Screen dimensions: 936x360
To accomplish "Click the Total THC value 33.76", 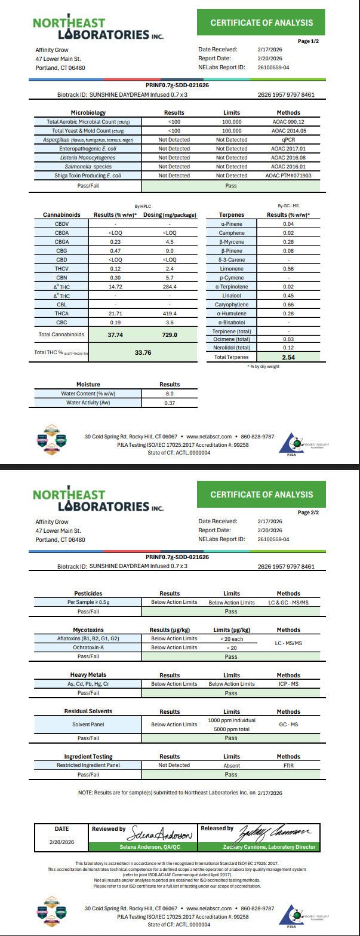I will (x=143, y=352).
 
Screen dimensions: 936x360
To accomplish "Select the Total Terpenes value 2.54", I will (x=288, y=357).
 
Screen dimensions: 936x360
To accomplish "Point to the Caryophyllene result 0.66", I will (x=288, y=305).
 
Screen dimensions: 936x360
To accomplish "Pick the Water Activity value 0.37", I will (x=170, y=403).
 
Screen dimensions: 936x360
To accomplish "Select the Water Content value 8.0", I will (x=170, y=394).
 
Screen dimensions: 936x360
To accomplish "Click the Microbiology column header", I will (x=88, y=112).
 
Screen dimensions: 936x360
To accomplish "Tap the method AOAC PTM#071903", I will (x=288, y=176).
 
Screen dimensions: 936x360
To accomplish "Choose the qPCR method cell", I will (x=288, y=139).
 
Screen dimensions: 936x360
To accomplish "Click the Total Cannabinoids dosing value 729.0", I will (x=170, y=335).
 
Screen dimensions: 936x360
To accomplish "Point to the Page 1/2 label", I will (x=308, y=41).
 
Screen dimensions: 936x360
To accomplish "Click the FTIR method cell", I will (x=288, y=765).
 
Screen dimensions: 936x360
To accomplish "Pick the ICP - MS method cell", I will (x=288, y=684).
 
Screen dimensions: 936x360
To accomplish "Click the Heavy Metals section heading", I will (x=89, y=675).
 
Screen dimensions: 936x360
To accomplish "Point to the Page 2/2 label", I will (x=308, y=513).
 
